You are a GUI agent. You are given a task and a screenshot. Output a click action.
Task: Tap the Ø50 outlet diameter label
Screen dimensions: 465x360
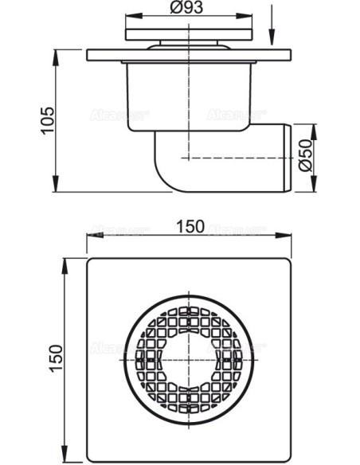pos(305,158)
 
